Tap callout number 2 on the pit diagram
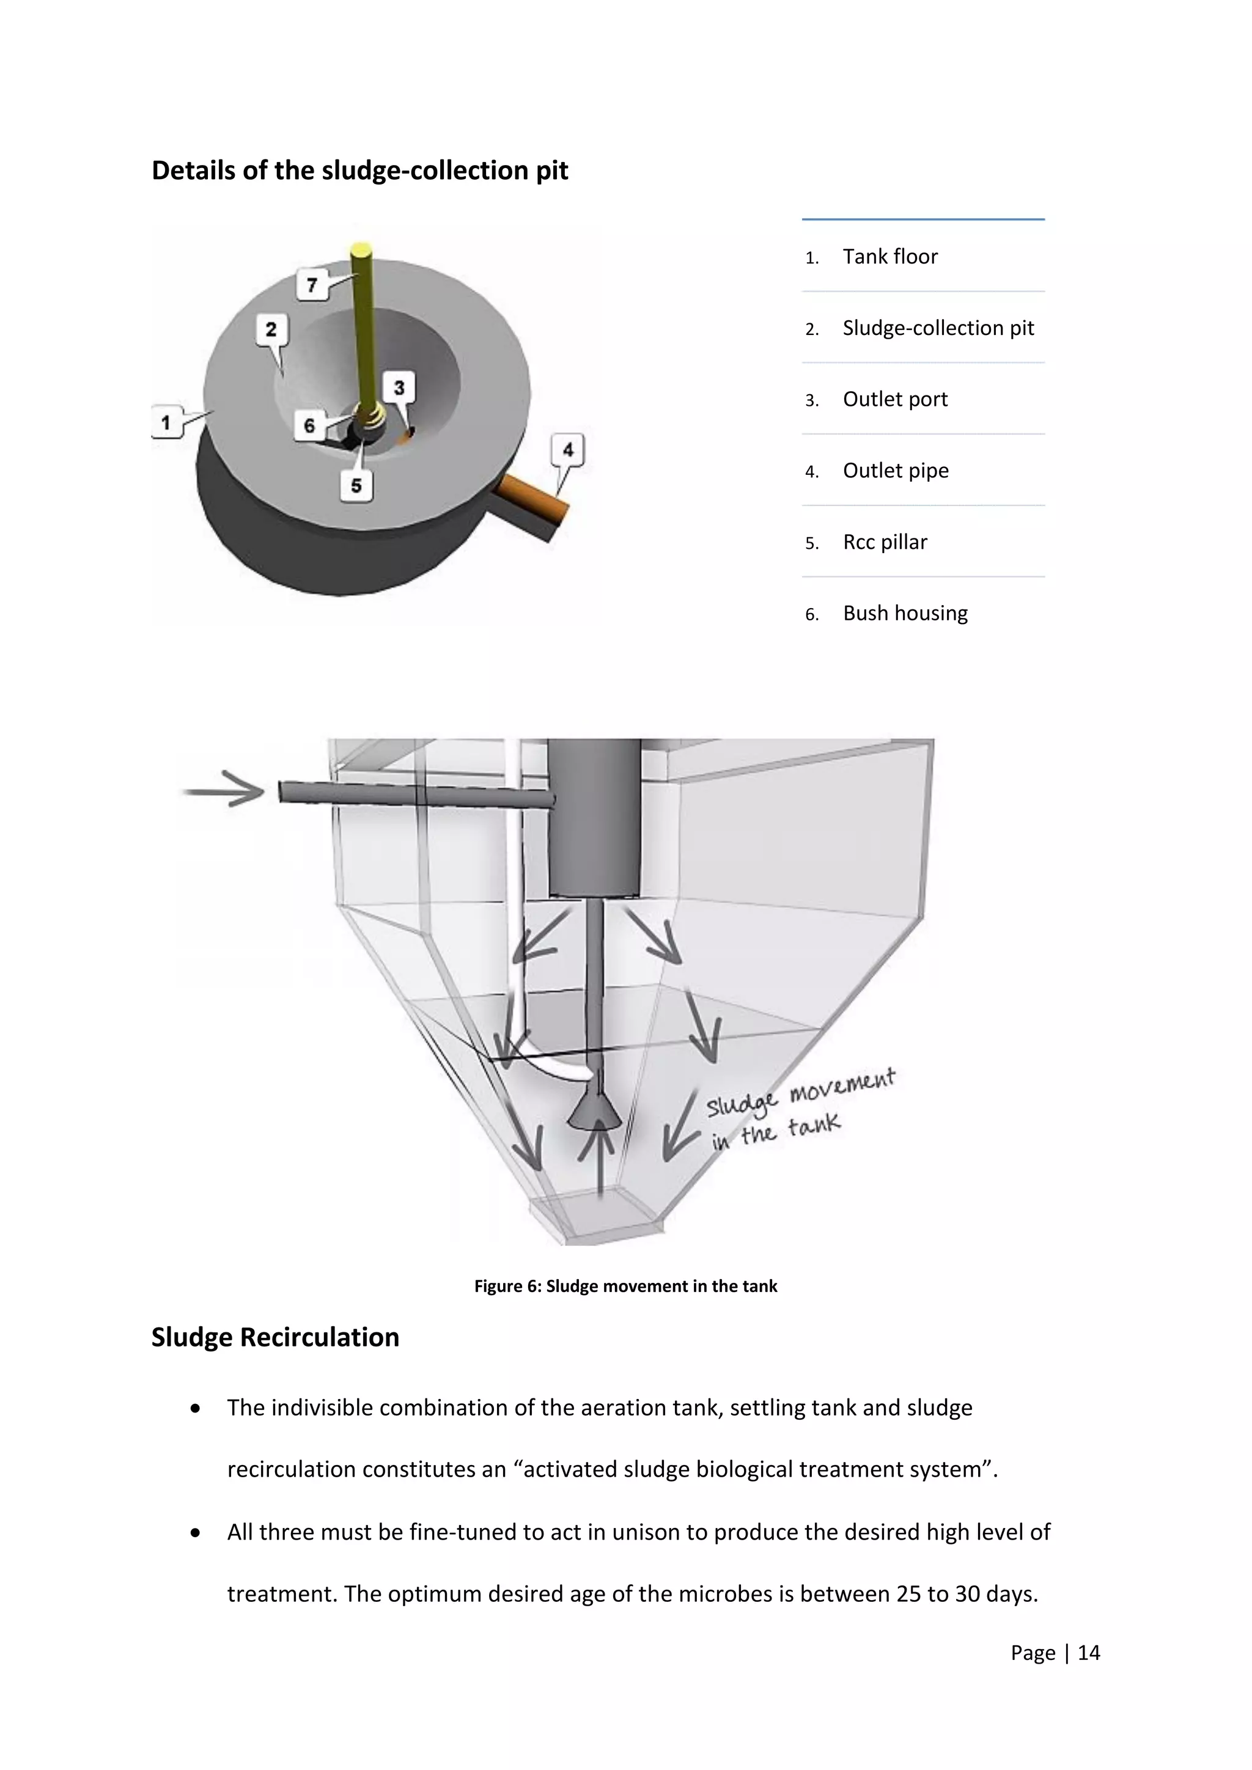coord(271,330)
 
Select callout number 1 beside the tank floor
coord(166,422)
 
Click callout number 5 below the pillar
coord(356,486)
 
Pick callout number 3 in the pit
coord(399,387)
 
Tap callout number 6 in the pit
coord(309,425)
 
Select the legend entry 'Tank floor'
coord(889,257)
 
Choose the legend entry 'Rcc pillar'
coord(884,542)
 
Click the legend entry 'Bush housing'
coord(905,613)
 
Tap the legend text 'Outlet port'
coord(895,399)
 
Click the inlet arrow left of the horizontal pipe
coord(224,788)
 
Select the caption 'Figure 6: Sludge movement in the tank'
coord(625,1286)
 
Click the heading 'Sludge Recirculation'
coord(275,1337)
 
